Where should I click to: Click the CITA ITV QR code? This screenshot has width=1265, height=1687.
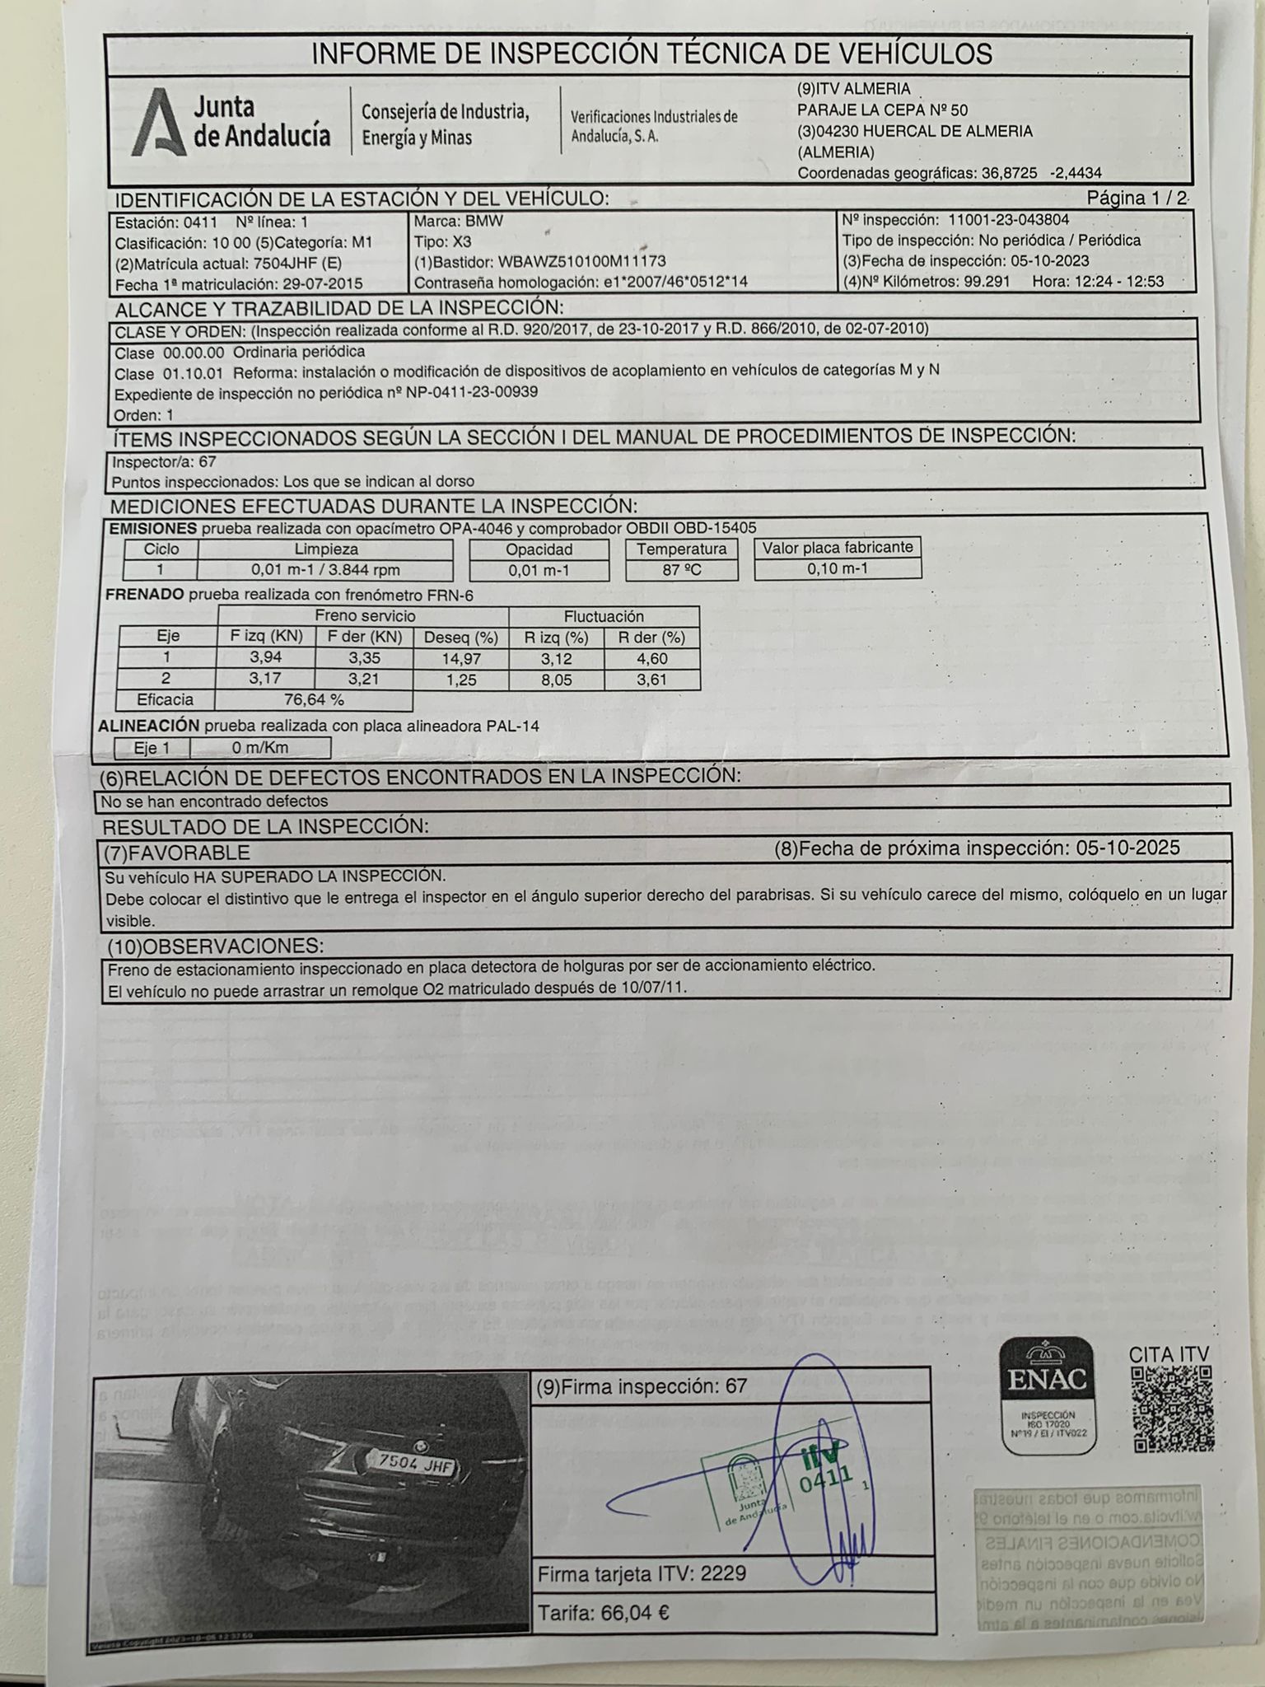[x=1172, y=1410]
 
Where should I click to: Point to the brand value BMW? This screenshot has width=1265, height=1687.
[x=483, y=222]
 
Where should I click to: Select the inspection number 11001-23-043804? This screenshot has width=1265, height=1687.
[x=1009, y=220]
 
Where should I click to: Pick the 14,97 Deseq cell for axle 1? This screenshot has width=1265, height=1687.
[x=461, y=659]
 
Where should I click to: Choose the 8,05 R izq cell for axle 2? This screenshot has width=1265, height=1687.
[x=556, y=680]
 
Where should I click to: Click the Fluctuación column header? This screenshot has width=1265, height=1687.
[x=604, y=616]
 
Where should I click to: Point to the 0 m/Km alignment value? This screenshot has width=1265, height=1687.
[x=260, y=748]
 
